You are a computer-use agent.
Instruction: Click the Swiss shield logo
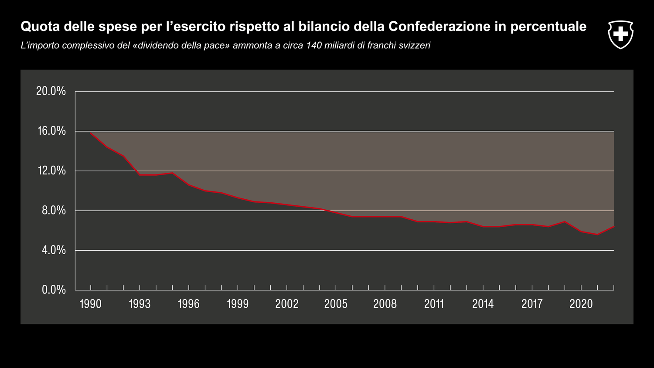point(620,34)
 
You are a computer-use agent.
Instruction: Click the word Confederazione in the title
point(439,27)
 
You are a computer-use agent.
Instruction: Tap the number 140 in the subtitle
point(314,45)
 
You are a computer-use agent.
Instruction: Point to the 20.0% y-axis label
point(51,91)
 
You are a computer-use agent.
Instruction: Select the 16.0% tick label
point(51,131)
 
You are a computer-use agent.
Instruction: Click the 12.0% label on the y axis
point(51,170)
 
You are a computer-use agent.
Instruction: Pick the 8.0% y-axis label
point(54,211)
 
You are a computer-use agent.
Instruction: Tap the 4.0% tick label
point(54,250)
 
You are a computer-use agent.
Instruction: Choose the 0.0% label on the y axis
point(54,290)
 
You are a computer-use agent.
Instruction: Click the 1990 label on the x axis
point(91,304)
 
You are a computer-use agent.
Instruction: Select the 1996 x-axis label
point(189,304)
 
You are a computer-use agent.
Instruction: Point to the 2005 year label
point(336,304)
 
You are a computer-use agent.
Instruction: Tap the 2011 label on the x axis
point(434,304)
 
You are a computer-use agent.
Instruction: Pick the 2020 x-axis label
point(581,304)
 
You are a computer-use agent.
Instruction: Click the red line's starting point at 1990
point(91,133)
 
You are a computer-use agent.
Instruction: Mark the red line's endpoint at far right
point(613,227)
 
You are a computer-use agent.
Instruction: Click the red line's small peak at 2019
point(565,221)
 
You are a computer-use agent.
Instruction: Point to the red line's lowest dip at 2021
point(597,235)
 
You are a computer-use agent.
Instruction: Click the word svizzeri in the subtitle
point(415,45)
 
